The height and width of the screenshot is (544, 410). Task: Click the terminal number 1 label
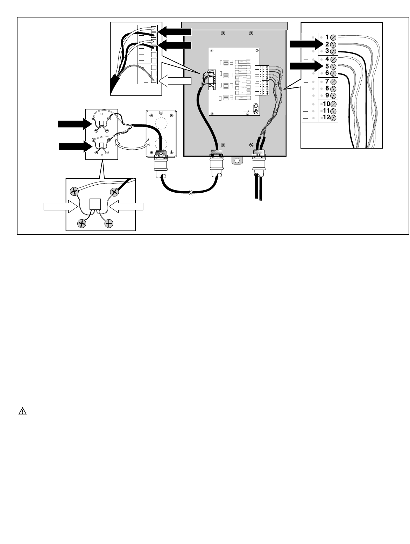(327, 37)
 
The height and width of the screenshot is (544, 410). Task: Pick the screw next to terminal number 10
(333, 104)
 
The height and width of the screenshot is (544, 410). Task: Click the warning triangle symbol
(22, 411)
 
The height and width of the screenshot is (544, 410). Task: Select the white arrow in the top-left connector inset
(175, 81)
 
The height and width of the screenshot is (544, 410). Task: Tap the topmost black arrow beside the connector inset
(175, 32)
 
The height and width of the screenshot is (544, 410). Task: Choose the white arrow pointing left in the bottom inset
(126, 207)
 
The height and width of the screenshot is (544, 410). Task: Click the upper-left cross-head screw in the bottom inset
(74, 191)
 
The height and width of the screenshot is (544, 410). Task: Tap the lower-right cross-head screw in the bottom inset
(109, 223)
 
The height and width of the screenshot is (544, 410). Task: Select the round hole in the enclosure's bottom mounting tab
(236, 161)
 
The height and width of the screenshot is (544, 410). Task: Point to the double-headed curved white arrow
(131, 146)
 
